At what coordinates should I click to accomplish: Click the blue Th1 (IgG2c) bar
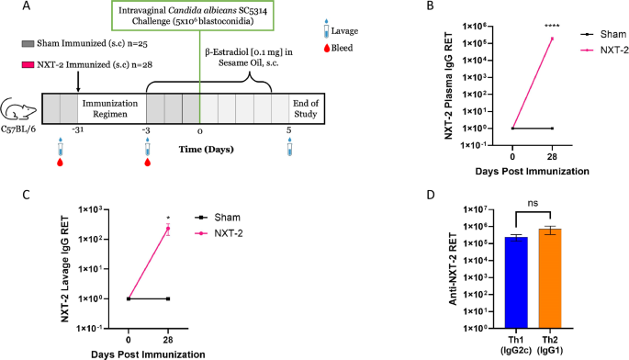pyautogui.click(x=515, y=281)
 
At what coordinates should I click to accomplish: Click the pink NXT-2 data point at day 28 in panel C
pyautogui.click(x=168, y=229)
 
